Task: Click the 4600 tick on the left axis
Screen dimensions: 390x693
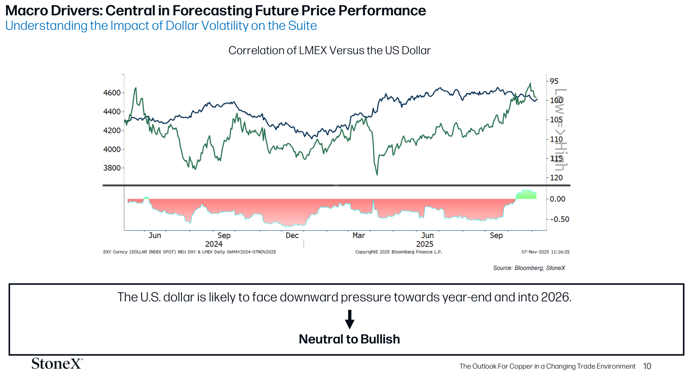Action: [x=112, y=93]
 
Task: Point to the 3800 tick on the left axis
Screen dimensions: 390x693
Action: [x=112, y=168]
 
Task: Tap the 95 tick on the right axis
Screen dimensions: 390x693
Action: [x=554, y=81]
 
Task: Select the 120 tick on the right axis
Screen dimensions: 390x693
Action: [x=556, y=178]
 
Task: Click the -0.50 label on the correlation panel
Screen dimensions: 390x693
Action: [x=559, y=219]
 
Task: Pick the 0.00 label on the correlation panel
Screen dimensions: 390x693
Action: [x=557, y=199]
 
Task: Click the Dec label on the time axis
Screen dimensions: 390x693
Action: [x=292, y=235]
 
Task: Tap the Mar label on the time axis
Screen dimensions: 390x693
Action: [x=359, y=235]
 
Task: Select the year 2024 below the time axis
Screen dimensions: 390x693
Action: [x=214, y=244]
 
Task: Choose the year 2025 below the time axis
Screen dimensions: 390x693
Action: [x=424, y=244]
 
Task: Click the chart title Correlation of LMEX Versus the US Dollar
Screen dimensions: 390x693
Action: [x=329, y=51]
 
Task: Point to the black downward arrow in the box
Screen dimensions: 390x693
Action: [x=350, y=319]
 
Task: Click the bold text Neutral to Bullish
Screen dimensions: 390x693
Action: [x=349, y=339]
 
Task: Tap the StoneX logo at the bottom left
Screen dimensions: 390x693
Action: [x=57, y=364]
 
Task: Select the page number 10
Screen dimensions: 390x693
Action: [x=647, y=366]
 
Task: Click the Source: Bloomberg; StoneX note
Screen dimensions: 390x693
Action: [x=529, y=268]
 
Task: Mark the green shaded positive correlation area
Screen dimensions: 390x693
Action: [x=527, y=195]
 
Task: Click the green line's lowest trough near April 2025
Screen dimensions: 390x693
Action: [x=377, y=174]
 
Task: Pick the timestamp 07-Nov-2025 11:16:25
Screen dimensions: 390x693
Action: [x=545, y=252]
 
